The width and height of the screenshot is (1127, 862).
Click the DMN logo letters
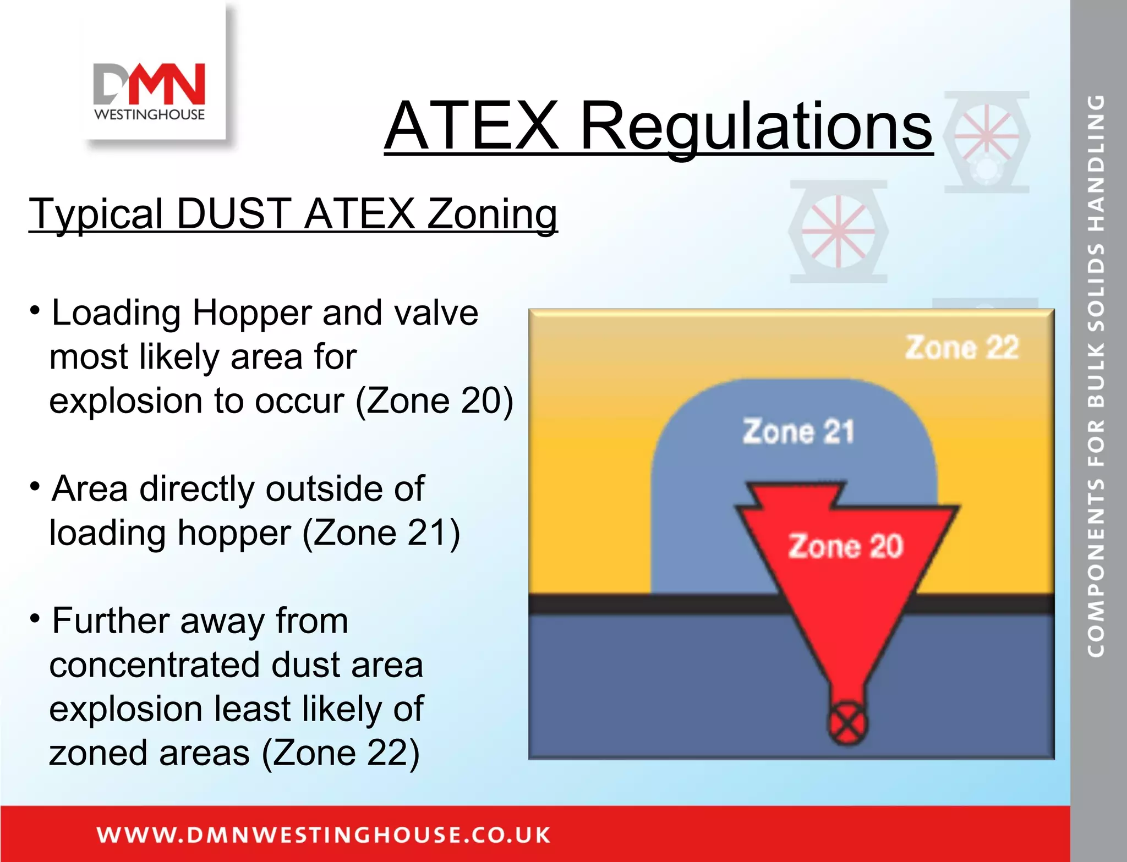pyautogui.click(x=149, y=84)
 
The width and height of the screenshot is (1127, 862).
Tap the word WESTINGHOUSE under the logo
pyautogui.click(x=149, y=114)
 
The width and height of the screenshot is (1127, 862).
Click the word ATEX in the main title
pyautogui.click(x=472, y=126)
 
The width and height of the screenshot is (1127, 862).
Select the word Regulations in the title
pyautogui.click(x=756, y=127)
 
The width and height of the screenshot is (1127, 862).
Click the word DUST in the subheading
pyautogui.click(x=234, y=213)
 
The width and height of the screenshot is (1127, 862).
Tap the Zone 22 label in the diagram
pyautogui.click(x=961, y=348)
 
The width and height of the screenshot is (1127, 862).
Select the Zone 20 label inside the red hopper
pyautogui.click(x=846, y=546)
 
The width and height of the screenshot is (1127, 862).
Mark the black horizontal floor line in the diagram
pyautogui.click(x=649, y=603)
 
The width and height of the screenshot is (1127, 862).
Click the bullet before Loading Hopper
pyautogui.click(x=35, y=311)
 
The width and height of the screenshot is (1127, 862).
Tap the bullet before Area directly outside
pyautogui.click(x=35, y=487)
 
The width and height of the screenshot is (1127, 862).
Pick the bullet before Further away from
pyautogui.click(x=35, y=619)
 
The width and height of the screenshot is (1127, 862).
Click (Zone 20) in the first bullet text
pyautogui.click(x=434, y=400)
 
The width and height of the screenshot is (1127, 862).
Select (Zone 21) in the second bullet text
pyautogui.click(x=381, y=532)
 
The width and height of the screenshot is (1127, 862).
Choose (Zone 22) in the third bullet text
pyautogui.click(x=341, y=753)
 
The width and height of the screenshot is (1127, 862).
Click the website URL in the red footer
pyautogui.click(x=323, y=835)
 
